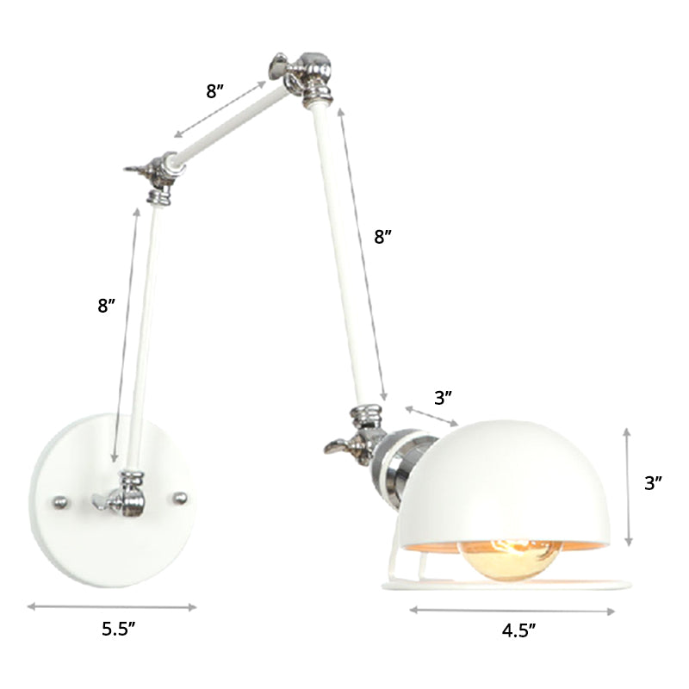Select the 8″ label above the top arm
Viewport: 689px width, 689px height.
tap(215, 91)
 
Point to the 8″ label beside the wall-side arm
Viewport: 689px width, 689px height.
tap(107, 305)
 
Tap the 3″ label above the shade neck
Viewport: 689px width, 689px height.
tap(444, 397)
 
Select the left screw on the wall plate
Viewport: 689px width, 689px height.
tap(59, 500)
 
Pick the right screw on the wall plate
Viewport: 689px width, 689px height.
tap(180, 497)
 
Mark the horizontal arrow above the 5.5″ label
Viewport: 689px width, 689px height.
tap(113, 606)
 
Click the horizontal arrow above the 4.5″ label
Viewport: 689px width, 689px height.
tap(512, 611)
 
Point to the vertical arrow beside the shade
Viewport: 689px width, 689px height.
tap(630, 487)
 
